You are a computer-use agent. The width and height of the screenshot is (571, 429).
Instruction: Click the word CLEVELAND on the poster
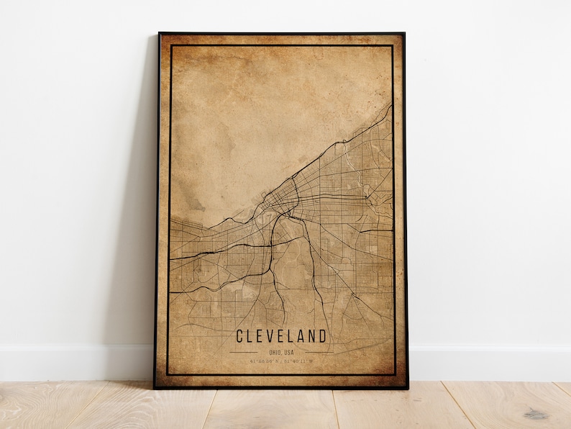281,336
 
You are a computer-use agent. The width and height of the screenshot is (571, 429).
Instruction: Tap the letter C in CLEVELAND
239,336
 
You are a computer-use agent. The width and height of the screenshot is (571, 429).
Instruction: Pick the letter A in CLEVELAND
301,336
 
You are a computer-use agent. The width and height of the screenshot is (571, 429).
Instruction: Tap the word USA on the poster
288,351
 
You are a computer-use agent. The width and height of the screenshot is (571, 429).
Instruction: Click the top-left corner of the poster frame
160,34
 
